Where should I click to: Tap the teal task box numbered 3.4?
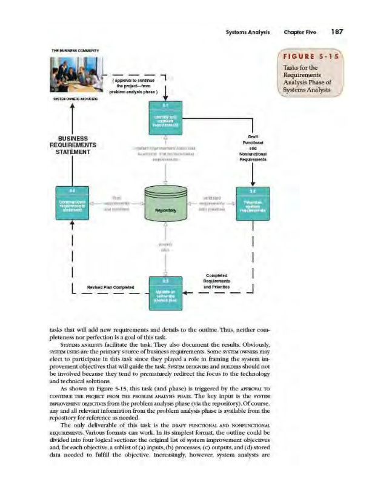[72, 202]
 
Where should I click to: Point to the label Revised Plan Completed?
[106, 287]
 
